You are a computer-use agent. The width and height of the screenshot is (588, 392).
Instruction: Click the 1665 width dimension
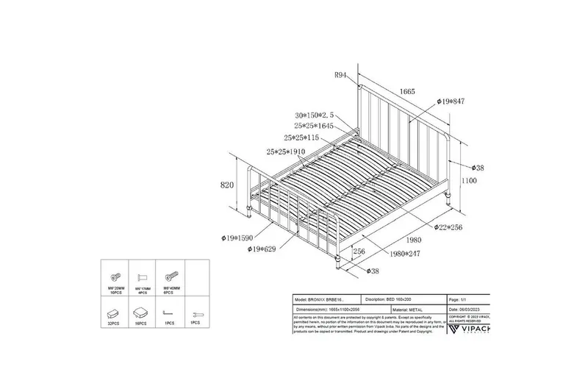click(408, 91)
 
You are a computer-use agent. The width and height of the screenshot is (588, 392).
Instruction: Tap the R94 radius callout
click(342, 75)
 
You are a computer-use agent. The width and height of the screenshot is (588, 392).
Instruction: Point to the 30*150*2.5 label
click(314, 115)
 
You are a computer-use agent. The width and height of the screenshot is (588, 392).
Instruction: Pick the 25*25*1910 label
click(286, 152)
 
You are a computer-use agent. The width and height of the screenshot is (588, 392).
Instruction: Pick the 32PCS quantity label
click(112, 323)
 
